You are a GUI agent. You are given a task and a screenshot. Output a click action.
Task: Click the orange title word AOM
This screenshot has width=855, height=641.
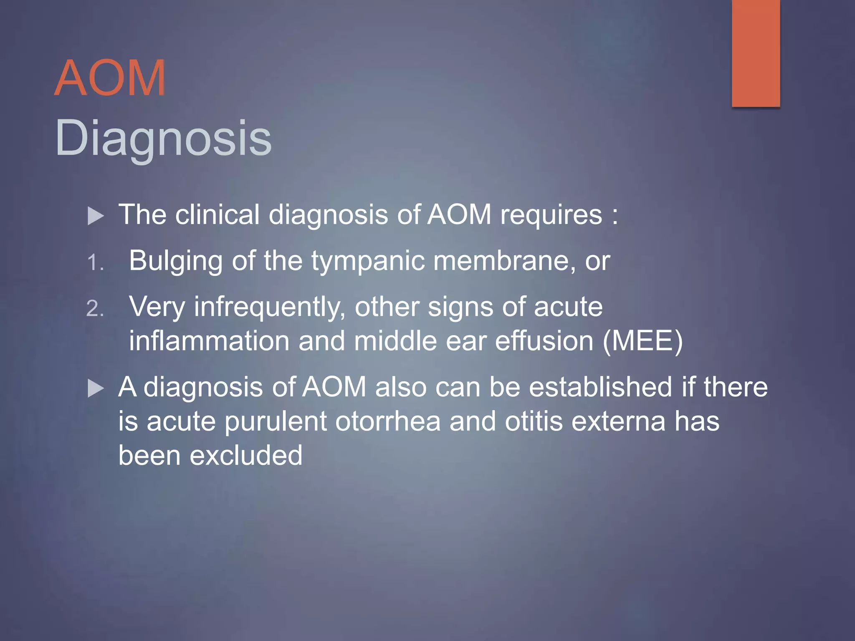click(110, 78)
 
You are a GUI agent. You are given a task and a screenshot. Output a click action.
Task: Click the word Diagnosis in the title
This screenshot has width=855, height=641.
click(163, 138)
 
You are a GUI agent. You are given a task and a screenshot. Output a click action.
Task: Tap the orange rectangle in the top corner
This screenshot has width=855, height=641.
click(756, 53)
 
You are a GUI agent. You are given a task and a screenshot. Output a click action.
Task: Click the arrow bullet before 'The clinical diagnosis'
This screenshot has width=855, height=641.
click(96, 216)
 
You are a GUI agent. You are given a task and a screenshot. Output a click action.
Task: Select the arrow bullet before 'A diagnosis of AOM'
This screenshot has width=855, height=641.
click(96, 389)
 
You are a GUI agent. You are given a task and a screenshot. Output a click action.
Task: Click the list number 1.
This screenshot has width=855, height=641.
click(95, 263)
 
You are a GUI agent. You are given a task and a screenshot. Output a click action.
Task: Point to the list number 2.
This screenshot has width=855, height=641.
click(95, 309)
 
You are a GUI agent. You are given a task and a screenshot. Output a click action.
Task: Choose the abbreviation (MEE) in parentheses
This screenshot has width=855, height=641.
click(643, 341)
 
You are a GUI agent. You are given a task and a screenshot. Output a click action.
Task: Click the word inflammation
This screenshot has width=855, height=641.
click(209, 341)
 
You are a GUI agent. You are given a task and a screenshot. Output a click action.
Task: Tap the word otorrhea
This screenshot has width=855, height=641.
click(388, 421)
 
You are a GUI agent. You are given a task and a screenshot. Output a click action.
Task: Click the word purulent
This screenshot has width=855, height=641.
click(276, 421)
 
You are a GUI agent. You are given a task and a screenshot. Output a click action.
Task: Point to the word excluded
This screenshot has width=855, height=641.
click(246, 455)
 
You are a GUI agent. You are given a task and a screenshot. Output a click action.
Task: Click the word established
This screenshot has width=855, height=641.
click(600, 387)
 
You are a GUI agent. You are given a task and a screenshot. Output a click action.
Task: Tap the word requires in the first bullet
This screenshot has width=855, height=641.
click(551, 215)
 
